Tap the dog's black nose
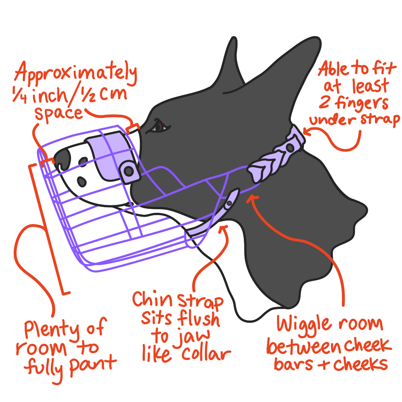[63, 157]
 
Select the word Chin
[152, 300]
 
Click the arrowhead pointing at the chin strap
[225, 229]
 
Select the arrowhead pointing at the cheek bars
[252, 198]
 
